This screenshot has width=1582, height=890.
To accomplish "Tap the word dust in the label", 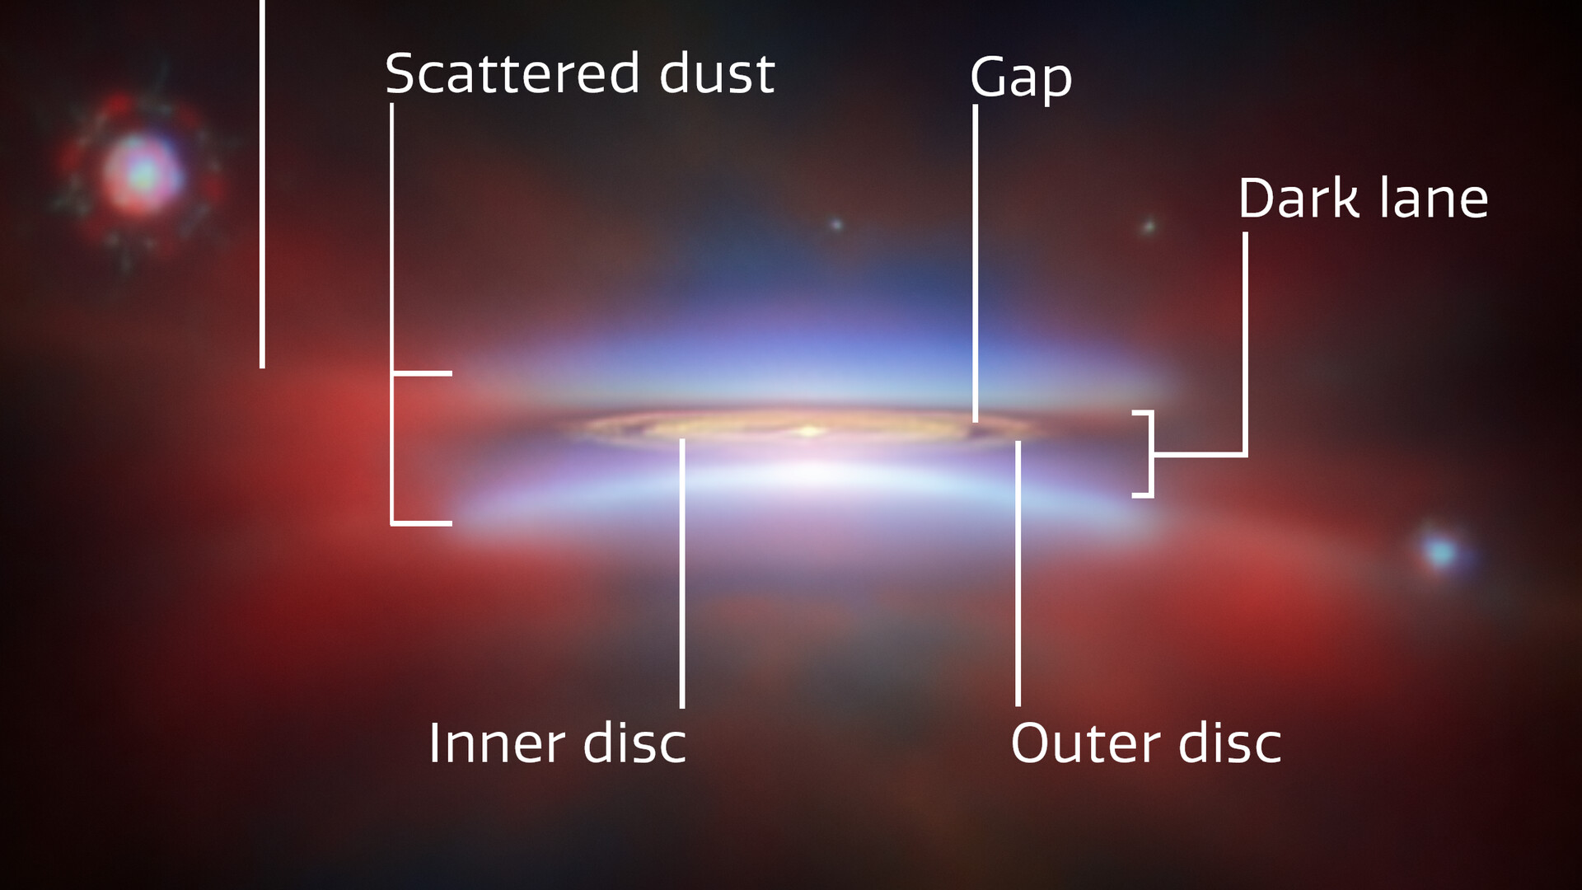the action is click(717, 73).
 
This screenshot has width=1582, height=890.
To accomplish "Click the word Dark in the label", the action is click(1299, 199).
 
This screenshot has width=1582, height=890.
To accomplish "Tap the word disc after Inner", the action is click(634, 743).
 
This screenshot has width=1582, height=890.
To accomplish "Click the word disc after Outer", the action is click(1230, 743).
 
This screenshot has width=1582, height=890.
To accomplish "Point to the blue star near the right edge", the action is click(1440, 551).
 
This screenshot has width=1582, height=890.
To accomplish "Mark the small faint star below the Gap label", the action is click(835, 224).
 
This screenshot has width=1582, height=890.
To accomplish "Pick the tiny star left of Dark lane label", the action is click(1148, 226).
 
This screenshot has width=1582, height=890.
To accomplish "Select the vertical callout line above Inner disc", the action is click(682, 574).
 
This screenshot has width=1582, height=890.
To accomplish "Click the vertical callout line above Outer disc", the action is click(1018, 574).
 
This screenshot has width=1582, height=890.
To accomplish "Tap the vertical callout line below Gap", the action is click(976, 264).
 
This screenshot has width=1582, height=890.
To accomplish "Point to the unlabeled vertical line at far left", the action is click(262, 184).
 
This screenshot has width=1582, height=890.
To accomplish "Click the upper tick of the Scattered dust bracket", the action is click(422, 373).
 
